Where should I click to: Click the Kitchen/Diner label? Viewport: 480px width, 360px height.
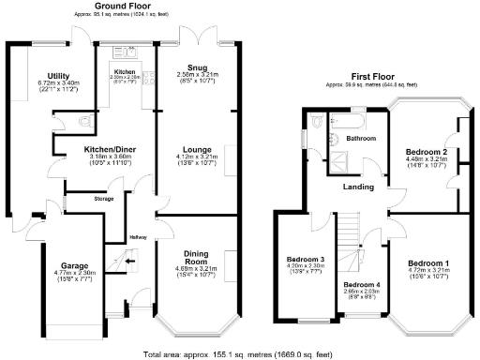pos(105,149)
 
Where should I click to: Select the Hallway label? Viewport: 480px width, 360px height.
pos(138,235)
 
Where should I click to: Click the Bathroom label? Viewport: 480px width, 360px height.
pos(361,138)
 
